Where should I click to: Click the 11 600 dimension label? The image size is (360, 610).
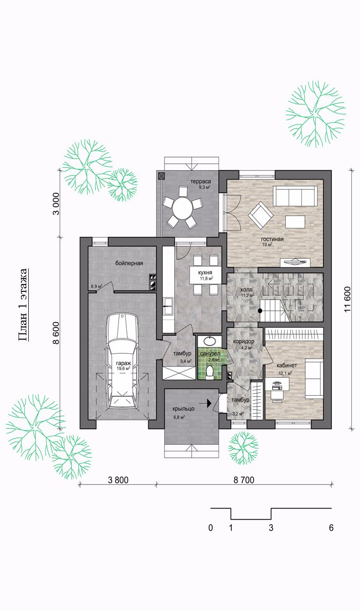(347, 300)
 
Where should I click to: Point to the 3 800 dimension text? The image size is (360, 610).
(118, 480)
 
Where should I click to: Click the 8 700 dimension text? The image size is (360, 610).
(244, 480)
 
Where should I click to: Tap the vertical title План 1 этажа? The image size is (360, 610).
(22, 305)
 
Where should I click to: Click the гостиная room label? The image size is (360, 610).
(272, 239)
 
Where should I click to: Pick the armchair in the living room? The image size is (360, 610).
(260, 215)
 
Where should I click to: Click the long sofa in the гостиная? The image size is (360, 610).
(295, 196)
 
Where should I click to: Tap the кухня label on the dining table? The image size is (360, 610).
(205, 272)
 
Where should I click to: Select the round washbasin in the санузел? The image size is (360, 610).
(209, 341)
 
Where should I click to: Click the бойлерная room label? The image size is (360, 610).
(129, 264)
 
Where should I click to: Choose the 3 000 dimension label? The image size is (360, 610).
(56, 203)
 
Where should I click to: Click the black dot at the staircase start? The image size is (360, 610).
(260, 310)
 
